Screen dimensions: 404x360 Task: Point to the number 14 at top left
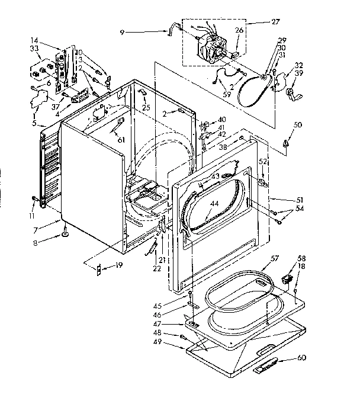(x=34, y=40)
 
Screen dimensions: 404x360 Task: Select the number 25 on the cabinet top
(x=146, y=107)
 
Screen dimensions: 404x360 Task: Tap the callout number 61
(x=121, y=139)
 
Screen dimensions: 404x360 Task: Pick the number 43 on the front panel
(x=216, y=177)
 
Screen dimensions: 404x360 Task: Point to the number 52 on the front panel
(x=262, y=162)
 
